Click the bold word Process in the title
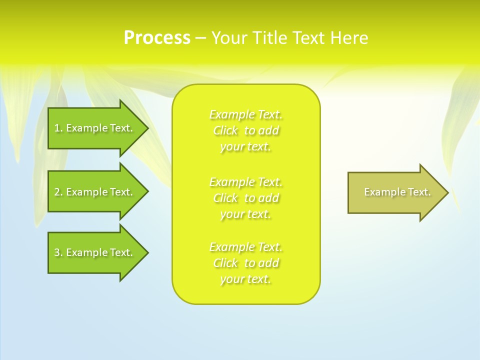click(157, 38)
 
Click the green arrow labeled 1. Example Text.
click(95, 128)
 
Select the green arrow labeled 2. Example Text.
click(95, 192)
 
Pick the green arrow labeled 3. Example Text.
click(95, 252)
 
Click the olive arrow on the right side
click(395, 192)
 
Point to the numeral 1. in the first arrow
click(58, 128)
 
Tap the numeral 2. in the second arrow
click(58, 192)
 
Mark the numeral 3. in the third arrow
click(58, 252)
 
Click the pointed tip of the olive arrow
click(446, 192)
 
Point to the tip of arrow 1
click(146, 128)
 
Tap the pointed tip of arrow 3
click(146, 252)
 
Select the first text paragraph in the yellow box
click(246, 130)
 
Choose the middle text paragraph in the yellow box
click(246, 198)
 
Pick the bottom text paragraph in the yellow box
click(246, 263)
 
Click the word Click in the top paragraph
click(225, 131)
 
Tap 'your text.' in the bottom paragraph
click(245, 279)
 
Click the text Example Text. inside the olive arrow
click(397, 192)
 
